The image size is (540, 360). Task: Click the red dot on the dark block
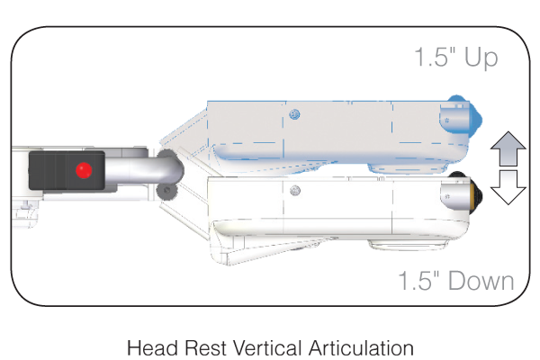(x=84, y=170)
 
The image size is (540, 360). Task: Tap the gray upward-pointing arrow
(x=508, y=145)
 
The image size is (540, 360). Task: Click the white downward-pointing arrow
(x=508, y=186)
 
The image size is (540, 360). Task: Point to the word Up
(x=480, y=58)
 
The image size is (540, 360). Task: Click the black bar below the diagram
(x=270, y=347)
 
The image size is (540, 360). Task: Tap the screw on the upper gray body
(x=293, y=113)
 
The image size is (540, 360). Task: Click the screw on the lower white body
(x=293, y=189)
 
